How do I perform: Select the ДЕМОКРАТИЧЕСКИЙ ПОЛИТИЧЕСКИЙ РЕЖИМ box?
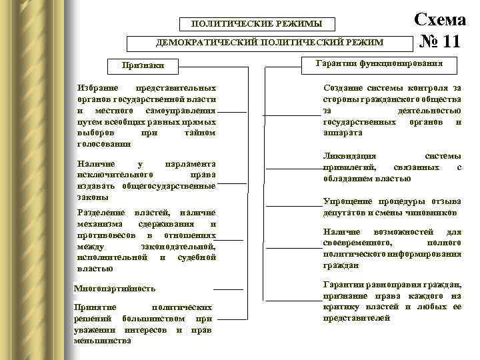pos(269,43)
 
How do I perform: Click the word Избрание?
pos(97,88)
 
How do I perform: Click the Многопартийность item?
pos(115,289)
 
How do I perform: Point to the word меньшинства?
pos(103,341)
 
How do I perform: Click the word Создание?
pos(341,88)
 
